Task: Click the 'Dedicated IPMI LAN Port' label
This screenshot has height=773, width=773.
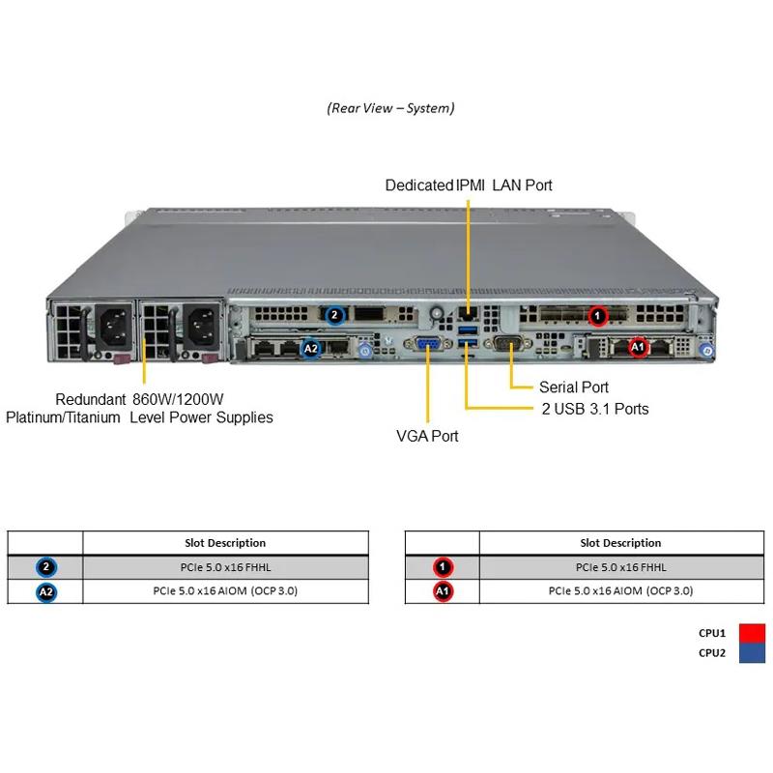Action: click(x=469, y=185)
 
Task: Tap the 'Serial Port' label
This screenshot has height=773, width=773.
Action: click(x=574, y=386)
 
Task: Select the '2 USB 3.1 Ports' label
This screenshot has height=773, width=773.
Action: click(x=594, y=409)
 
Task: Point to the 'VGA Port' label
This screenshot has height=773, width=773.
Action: click(x=427, y=436)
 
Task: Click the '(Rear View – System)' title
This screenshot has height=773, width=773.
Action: click(x=390, y=108)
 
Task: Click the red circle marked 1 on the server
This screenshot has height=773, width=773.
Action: click(x=598, y=315)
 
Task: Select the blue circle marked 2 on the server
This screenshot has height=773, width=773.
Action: click(x=334, y=314)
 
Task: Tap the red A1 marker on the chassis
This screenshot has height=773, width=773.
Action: click(x=637, y=347)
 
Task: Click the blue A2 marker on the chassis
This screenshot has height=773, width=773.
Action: click(x=311, y=349)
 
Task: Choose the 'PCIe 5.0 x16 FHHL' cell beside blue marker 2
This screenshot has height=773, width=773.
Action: click(x=225, y=567)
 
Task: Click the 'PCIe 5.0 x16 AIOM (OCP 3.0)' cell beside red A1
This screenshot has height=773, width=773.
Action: click(x=620, y=591)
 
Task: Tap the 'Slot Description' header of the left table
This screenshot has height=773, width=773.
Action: click(x=225, y=543)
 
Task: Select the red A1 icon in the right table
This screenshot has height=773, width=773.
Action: click(x=443, y=591)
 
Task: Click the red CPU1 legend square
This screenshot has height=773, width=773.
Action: click(x=752, y=634)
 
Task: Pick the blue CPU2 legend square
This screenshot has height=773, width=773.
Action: click(x=752, y=653)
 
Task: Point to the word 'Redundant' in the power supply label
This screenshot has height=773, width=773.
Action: click(x=90, y=399)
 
